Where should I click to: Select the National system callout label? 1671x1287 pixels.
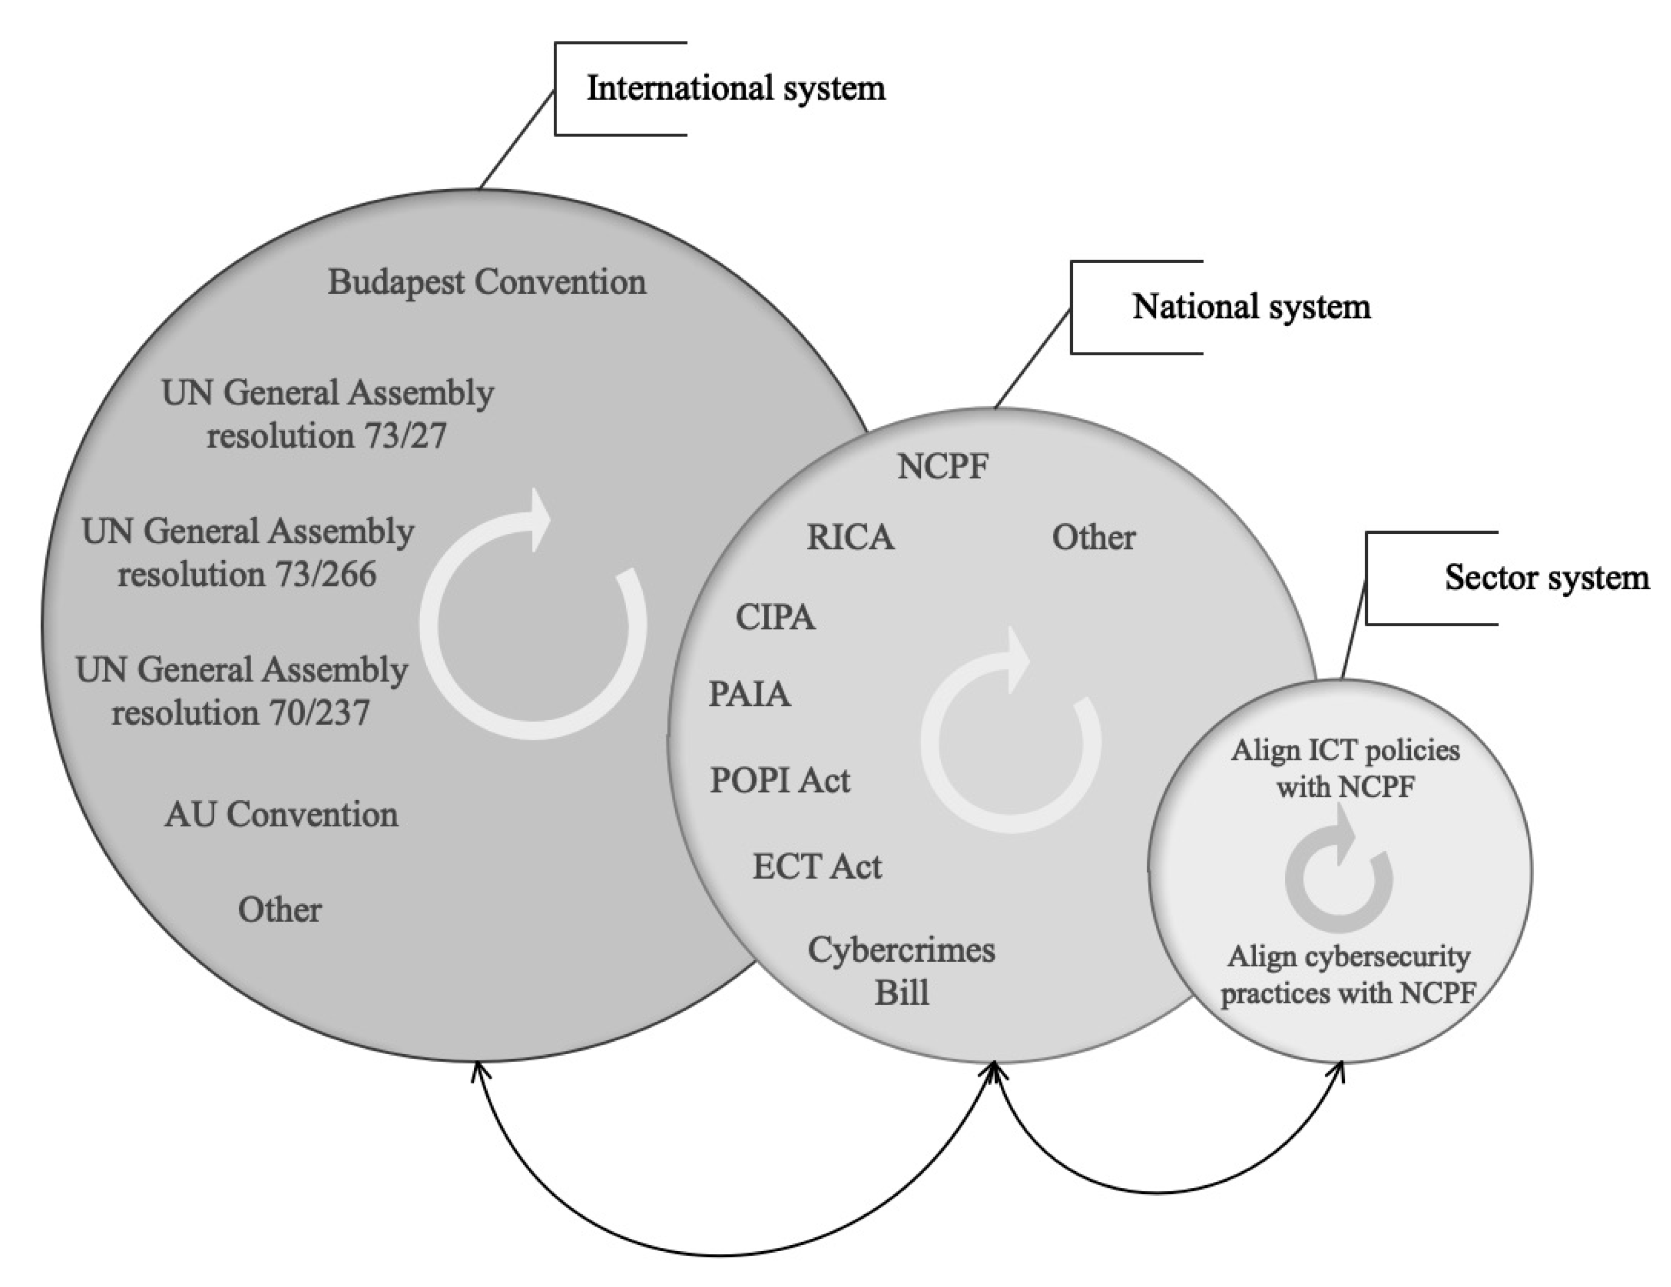(1251, 307)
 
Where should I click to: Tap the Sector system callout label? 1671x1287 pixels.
(1546, 577)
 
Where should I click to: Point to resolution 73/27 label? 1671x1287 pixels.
(327, 436)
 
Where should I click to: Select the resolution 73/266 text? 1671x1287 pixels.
(247, 575)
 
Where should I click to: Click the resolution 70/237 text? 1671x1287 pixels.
(241, 713)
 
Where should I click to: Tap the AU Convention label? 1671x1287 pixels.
(281, 815)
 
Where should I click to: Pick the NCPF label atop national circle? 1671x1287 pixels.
(943, 467)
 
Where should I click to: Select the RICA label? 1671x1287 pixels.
(850, 538)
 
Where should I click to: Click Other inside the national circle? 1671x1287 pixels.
(1093, 538)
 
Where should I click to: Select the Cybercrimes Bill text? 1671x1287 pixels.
(901, 972)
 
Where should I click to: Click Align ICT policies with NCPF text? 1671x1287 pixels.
(1345, 768)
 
